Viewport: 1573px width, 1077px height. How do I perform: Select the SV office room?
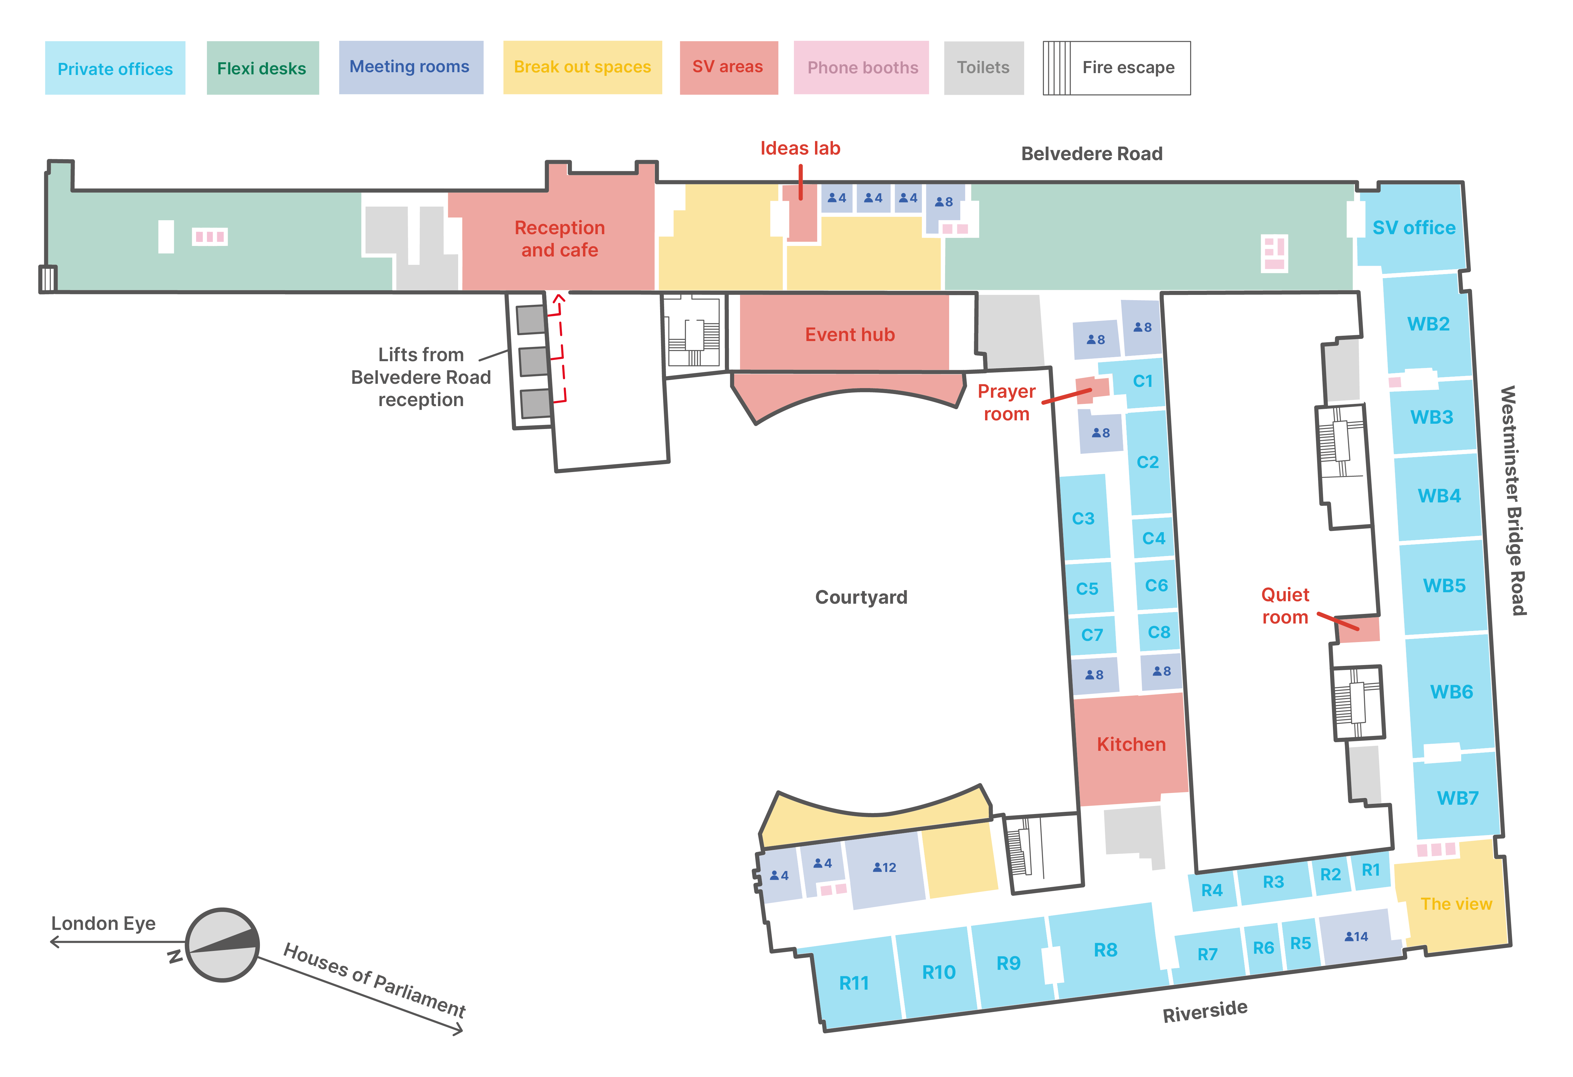[1413, 228]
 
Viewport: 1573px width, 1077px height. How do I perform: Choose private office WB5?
[1444, 585]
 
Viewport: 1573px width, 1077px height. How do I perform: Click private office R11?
[854, 983]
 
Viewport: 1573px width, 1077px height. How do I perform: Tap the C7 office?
[1092, 635]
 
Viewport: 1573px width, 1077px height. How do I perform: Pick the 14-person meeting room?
[1356, 937]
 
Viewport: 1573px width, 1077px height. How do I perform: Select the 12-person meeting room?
[884, 868]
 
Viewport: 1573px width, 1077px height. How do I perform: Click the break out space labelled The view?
[1456, 904]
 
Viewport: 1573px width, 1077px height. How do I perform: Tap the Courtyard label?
[861, 597]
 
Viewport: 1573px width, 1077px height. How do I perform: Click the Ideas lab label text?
[800, 148]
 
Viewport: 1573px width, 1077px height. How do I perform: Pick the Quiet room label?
[1285, 606]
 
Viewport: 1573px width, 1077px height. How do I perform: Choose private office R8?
[1105, 950]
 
